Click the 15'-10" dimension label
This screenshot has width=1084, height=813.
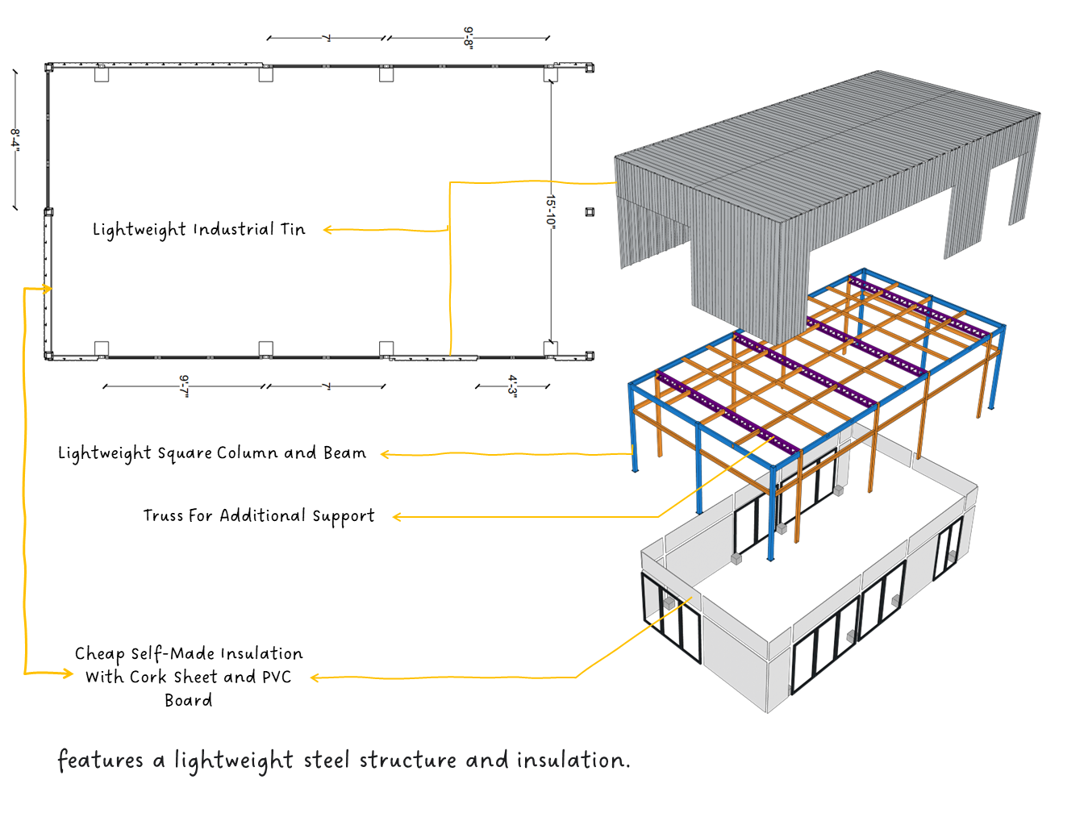pyautogui.click(x=552, y=211)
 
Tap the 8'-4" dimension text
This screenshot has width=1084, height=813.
pyautogui.click(x=15, y=138)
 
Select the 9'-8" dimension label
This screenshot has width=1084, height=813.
pyautogui.click(x=468, y=37)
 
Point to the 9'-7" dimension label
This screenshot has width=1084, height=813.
pyautogui.click(x=185, y=386)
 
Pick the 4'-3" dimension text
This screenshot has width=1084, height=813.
pyautogui.click(x=512, y=386)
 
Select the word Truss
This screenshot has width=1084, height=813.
pyautogui.click(x=163, y=515)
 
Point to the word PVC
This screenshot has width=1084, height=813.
pyautogui.click(x=276, y=677)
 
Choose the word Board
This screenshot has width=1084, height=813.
pyautogui.click(x=189, y=700)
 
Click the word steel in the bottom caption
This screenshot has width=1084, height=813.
pyautogui.click(x=327, y=760)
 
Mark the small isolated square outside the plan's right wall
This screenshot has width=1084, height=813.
pyautogui.click(x=590, y=212)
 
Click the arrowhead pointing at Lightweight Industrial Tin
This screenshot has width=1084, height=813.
pyautogui.click(x=327, y=230)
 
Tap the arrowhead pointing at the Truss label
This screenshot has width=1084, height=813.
pyautogui.click(x=396, y=517)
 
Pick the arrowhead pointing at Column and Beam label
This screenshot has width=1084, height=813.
pyautogui.click(x=385, y=455)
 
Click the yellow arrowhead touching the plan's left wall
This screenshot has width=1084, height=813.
pyautogui.click(x=48, y=288)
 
